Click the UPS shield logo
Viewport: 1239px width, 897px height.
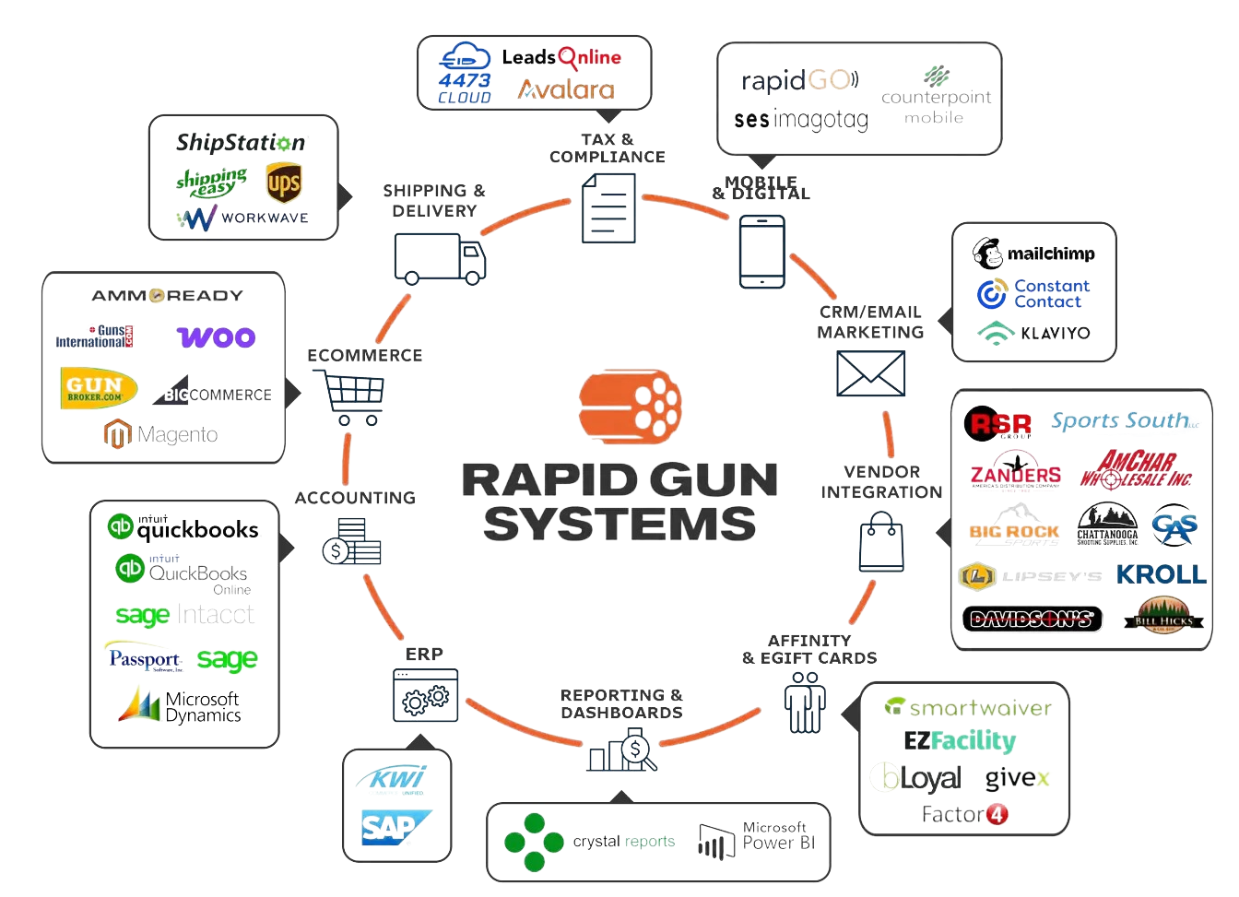coord(282,183)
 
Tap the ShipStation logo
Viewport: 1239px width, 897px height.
coord(242,142)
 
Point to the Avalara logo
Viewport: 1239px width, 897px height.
coord(566,89)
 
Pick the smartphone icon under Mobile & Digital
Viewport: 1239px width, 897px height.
coord(761,252)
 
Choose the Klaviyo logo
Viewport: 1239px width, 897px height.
coord(1033,332)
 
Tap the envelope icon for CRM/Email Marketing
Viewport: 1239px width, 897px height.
coord(870,373)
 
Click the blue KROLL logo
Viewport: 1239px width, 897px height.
coord(1161,574)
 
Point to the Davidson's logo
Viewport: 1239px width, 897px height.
coord(1032,619)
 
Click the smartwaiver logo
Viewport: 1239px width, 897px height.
coord(967,707)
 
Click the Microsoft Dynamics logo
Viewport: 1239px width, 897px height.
coord(181,705)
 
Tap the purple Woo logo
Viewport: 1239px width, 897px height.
coord(217,336)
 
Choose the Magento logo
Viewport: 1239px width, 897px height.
coord(161,433)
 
